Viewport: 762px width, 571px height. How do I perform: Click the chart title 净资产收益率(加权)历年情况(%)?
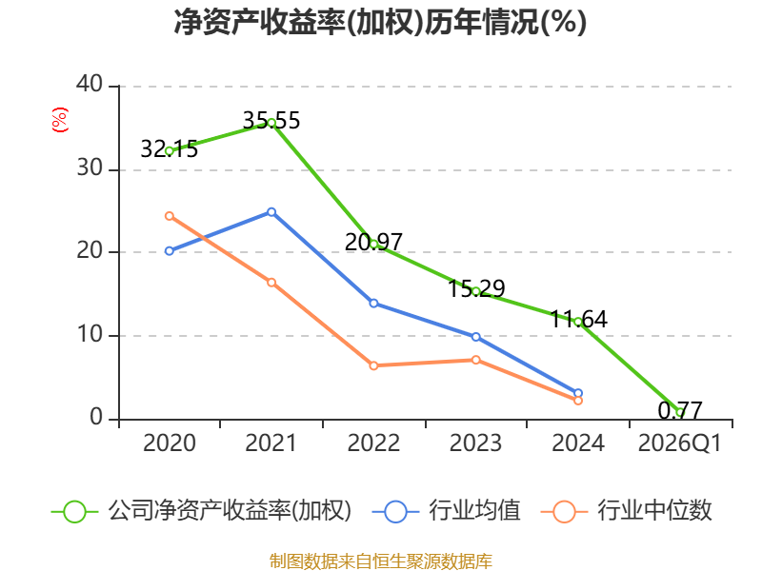click(380, 23)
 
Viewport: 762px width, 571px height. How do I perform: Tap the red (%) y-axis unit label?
click(59, 120)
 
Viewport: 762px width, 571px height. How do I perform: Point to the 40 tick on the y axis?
click(90, 86)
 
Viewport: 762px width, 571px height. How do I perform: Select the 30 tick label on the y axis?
click(90, 169)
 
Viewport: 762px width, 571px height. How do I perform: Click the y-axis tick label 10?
click(90, 335)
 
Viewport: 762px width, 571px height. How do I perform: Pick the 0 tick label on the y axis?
click(95, 418)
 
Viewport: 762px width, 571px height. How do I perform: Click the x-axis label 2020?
click(169, 443)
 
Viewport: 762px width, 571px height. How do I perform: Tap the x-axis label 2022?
click(373, 443)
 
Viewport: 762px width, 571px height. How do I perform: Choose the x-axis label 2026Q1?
click(679, 443)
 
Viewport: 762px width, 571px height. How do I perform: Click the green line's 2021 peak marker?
click(271, 123)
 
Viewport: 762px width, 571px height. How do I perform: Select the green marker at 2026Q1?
click(680, 412)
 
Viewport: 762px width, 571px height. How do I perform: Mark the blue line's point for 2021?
click(271, 211)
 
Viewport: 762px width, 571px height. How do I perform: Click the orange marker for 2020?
click(170, 216)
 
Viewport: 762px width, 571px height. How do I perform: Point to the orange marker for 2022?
click(373, 365)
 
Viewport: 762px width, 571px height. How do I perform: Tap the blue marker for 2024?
click(578, 393)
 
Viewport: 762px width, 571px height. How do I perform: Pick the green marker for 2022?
click(373, 244)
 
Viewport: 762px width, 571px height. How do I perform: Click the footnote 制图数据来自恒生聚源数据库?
click(380, 561)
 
